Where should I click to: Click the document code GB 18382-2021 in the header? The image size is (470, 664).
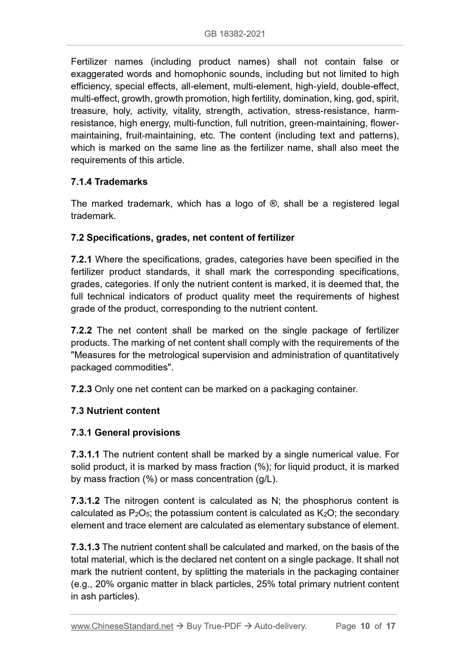point(235,34)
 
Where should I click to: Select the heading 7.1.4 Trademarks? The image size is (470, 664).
point(109,182)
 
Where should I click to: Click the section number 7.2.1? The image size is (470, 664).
point(81,260)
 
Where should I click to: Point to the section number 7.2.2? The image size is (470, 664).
point(81,331)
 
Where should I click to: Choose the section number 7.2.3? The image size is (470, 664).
point(81,389)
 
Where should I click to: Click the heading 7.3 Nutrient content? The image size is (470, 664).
point(115,411)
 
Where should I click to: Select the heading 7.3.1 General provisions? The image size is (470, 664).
point(125,433)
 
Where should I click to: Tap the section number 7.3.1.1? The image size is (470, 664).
point(85,454)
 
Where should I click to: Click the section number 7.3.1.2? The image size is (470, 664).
point(85,501)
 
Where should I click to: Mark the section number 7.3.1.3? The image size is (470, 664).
point(85,547)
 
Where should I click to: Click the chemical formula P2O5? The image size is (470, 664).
point(138,514)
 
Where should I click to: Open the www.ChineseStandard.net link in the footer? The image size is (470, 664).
point(122,626)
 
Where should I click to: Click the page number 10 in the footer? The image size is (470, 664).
point(365,626)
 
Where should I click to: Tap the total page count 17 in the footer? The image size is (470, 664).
point(391,626)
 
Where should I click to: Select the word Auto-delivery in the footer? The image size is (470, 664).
point(280,626)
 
